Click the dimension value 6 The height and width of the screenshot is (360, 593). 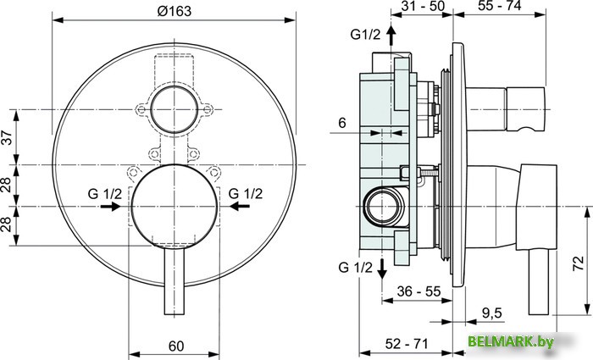pyautogui.click(x=341, y=123)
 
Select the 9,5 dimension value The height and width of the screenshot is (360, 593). pyautogui.click(x=491, y=313)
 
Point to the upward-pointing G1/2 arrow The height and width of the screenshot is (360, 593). pyautogui.click(x=391, y=36)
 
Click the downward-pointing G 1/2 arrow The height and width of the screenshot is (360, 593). pyautogui.click(x=381, y=267)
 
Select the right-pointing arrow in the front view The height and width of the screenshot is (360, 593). pyautogui.click(x=110, y=206)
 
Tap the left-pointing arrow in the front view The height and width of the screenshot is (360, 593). pyautogui.click(x=241, y=206)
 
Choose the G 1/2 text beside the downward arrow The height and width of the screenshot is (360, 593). pyautogui.click(x=355, y=269)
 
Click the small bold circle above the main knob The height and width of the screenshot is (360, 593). pyautogui.click(x=175, y=110)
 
